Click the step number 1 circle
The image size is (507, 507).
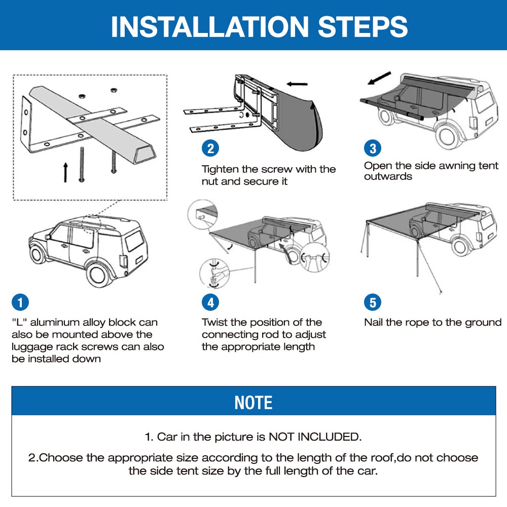point(20,302)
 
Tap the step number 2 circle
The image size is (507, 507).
point(210,149)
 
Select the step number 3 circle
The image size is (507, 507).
point(373,149)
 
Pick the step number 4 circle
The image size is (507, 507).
point(210,302)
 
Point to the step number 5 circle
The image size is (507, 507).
point(373,302)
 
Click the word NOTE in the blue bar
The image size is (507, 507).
point(253,403)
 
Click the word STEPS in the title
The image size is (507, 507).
point(363,26)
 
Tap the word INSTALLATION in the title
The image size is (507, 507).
point(210,26)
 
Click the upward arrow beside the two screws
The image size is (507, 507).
point(65,172)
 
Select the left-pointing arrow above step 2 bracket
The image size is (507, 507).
point(297,84)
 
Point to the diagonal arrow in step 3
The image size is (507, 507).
point(379,78)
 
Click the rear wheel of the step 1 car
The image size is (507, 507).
point(99,274)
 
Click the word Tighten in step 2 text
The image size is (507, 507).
point(220,169)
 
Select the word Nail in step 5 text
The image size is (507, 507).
point(374,322)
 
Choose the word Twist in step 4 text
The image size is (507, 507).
point(214,322)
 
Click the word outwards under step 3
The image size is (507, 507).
point(388,176)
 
